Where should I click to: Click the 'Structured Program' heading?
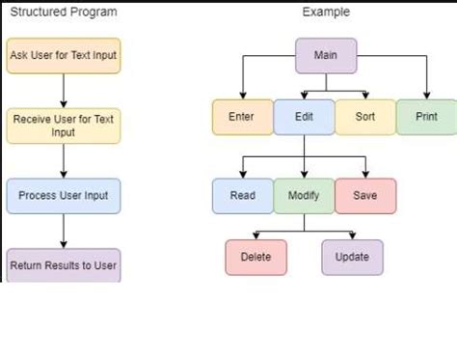point(63,12)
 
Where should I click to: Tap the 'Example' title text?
point(326,12)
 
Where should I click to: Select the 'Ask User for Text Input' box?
point(64,55)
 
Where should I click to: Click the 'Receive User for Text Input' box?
point(64,125)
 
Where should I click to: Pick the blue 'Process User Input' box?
point(64,195)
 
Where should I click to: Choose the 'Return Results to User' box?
point(64,264)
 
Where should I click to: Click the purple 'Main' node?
point(327,55)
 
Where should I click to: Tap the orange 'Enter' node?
point(242,117)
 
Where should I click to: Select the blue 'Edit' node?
point(303,117)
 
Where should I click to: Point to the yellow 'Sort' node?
point(364,117)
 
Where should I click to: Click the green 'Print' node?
point(425,117)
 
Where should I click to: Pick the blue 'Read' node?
point(242,196)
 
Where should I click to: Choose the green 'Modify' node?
point(304,196)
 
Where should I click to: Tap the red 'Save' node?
point(364,196)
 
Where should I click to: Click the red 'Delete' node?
point(256,257)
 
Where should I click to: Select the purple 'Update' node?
point(352,257)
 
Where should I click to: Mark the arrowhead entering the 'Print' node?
point(425,95)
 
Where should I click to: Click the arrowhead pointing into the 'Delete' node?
point(256,236)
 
